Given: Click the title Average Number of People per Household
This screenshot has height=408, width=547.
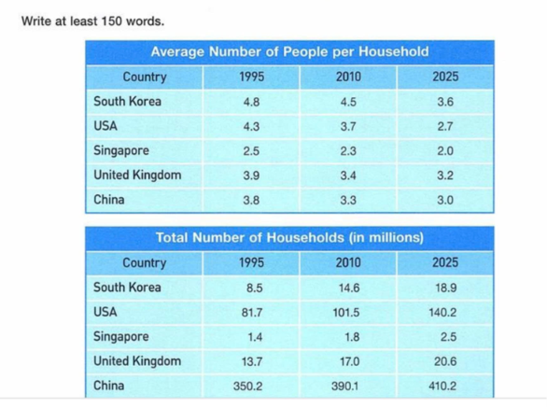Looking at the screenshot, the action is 289,52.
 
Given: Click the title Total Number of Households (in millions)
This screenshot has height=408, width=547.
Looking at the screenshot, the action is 289,238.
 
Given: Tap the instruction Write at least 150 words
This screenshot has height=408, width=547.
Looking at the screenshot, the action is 92,21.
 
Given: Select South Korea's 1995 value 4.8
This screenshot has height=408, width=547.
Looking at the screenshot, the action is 251,102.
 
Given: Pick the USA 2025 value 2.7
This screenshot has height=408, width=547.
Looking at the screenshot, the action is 445,126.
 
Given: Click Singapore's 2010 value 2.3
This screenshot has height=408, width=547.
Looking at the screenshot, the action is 348,151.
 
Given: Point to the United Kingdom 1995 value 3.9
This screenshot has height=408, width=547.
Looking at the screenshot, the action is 251,176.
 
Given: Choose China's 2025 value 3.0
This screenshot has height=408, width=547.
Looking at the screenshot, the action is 445,201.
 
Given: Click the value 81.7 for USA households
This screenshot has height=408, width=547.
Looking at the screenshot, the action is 252,313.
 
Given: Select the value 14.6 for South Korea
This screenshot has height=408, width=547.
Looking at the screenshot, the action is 349,288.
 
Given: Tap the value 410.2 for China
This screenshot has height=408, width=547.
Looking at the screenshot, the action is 442,386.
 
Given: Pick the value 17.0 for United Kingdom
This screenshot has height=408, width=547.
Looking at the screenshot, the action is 349,361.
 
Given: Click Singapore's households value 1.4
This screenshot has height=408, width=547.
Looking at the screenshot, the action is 255,337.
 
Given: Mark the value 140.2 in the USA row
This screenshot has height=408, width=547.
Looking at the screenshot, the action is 442,313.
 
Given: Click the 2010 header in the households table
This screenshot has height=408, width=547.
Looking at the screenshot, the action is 348,262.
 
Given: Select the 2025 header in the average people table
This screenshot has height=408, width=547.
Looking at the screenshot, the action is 445,77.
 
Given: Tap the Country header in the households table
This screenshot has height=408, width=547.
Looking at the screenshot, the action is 145,263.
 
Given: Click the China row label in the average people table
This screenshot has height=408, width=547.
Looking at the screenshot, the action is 109,200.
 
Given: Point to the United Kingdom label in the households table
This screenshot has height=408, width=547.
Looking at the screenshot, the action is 137,361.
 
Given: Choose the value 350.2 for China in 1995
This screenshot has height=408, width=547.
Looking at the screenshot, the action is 247,386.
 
